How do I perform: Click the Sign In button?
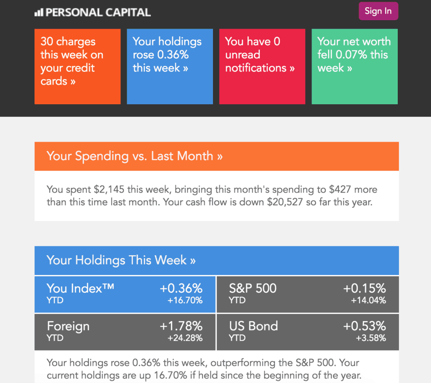(x=378, y=11)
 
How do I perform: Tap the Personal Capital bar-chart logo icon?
(x=39, y=13)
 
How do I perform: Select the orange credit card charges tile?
(x=77, y=66)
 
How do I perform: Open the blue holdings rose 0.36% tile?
(x=170, y=66)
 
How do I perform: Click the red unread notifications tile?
(x=262, y=66)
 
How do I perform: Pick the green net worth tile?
(x=354, y=66)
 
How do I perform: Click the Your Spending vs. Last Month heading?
(x=135, y=156)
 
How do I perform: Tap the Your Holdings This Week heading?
(x=121, y=260)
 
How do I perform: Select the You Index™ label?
(x=80, y=288)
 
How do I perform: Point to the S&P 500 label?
(x=253, y=288)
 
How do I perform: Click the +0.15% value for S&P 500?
(x=364, y=288)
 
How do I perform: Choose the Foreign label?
(x=68, y=326)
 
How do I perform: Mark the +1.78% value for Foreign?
(x=181, y=326)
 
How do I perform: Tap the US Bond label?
(x=253, y=326)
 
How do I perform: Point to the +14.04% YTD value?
(x=368, y=301)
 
